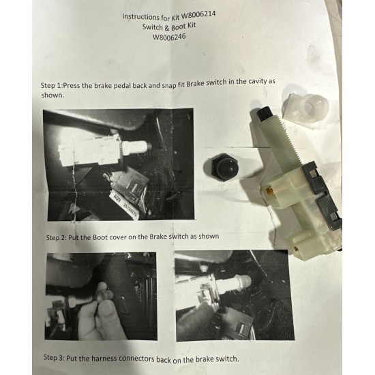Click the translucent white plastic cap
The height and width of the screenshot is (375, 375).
coord(308,107)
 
